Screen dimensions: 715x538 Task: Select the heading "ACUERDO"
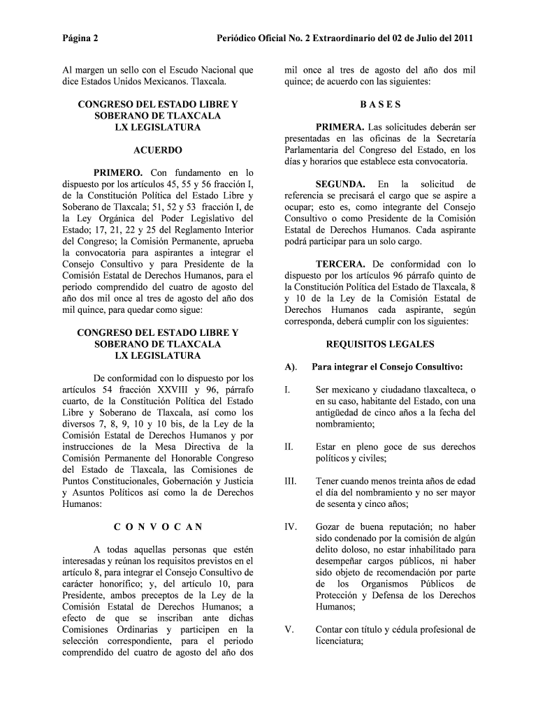(158, 150)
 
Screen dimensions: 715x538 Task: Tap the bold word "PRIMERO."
(119, 172)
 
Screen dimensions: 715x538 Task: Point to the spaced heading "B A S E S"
(380, 105)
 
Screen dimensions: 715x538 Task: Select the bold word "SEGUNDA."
(340, 184)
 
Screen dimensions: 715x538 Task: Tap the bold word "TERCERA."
(340, 265)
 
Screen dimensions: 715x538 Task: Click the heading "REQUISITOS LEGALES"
(380, 344)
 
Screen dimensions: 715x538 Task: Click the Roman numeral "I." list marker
(288, 390)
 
